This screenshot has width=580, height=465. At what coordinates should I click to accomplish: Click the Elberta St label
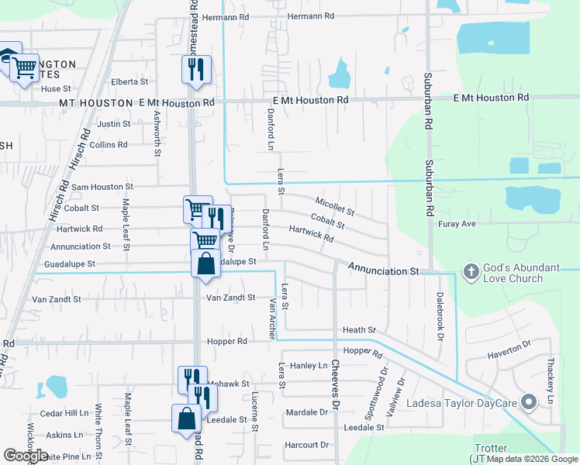(129, 81)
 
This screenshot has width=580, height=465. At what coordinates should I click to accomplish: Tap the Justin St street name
(113, 124)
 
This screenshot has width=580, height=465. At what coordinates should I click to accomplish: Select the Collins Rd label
(108, 145)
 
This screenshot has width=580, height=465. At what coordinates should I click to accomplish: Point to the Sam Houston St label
(102, 187)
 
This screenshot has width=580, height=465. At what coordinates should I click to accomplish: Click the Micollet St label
(335, 206)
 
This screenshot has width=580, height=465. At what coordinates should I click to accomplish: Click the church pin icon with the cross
(470, 272)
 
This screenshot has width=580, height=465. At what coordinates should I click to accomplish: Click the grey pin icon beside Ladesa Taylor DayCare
(530, 401)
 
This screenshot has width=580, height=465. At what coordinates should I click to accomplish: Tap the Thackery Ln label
(551, 384)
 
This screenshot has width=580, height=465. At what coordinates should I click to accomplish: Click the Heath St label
(359, 330)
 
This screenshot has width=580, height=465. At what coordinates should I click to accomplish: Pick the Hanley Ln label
(309, 366)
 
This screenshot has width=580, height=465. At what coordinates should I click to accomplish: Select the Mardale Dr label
(306, 412)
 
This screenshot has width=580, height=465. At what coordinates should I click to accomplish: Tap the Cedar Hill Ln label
(64, 413)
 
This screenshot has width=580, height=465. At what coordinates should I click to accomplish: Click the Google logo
(26, 456)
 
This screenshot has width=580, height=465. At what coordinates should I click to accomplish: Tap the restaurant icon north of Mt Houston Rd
(196, 70)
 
